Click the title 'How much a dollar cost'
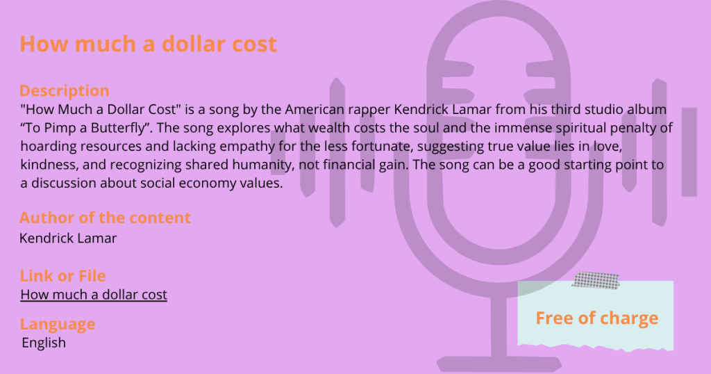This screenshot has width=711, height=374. coord(149,44)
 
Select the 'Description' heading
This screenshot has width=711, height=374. coord(65,91)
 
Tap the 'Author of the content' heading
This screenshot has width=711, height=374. coord(105,218)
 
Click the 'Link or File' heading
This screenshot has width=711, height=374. coord(62,276)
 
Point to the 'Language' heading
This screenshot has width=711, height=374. coord(58,324)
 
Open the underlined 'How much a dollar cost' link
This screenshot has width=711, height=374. coord(94,295)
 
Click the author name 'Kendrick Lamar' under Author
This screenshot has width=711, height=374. coord(68,238)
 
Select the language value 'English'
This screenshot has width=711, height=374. coord(44,343)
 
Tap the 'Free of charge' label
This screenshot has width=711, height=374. coord(596,318)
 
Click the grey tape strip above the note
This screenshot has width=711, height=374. coord(596,280)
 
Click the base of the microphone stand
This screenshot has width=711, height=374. coord(499,364)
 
